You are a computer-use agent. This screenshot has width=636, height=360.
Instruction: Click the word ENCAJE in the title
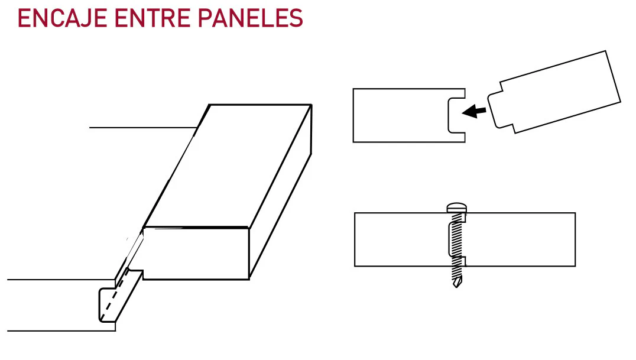(x=62, y=19)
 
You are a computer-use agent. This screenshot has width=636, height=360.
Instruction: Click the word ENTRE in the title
(x=152, y=19)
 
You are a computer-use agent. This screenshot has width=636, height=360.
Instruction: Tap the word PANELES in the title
(x=251, y=19)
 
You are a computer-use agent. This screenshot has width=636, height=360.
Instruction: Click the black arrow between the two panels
(x=474, y=111)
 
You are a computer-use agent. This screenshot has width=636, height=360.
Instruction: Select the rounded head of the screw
(x=457, y=208)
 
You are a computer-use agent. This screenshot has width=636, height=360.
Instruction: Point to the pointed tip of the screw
(x=457, y=285)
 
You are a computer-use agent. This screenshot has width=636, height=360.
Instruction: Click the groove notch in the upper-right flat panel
(x=455, y=115)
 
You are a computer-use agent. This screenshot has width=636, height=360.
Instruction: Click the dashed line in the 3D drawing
(x=115, y=295)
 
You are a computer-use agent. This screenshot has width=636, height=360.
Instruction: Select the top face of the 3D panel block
(x=228, y=166)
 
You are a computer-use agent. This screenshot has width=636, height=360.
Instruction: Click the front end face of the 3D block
(x=196, y=253)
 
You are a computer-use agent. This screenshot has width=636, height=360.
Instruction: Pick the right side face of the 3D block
(x=280, y=191)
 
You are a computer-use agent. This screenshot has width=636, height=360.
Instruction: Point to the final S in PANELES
(x=296, y=19)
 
